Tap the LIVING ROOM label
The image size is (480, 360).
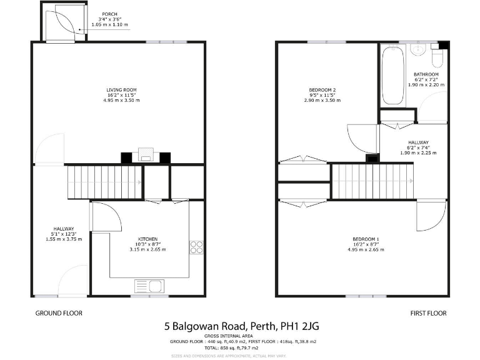121,90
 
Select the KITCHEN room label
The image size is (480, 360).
147,239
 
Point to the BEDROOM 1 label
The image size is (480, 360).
366,239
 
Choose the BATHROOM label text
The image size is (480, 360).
426,74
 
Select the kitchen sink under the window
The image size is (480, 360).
148,286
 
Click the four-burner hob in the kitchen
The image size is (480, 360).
196,247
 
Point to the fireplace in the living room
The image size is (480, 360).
146,155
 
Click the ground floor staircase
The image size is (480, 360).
105,182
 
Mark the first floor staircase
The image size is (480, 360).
371,181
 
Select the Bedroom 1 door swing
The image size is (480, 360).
431,215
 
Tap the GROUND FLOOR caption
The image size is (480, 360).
59,313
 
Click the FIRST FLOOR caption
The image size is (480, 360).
428,313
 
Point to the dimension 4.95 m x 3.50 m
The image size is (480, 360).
121,101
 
